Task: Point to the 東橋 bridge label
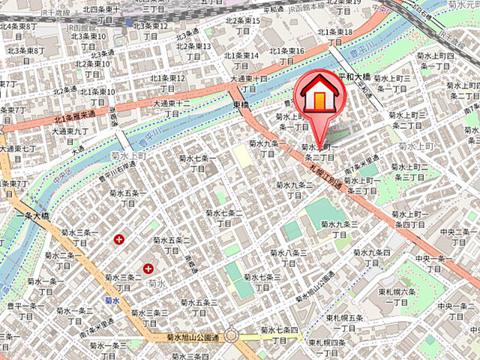click(x=240, y=104)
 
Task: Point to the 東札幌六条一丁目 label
click(x=397, y=297)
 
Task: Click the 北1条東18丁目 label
click(x=334, y=37)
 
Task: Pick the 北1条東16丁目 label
click(x=288, y=55)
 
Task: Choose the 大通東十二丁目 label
click(x=172, y=108)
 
